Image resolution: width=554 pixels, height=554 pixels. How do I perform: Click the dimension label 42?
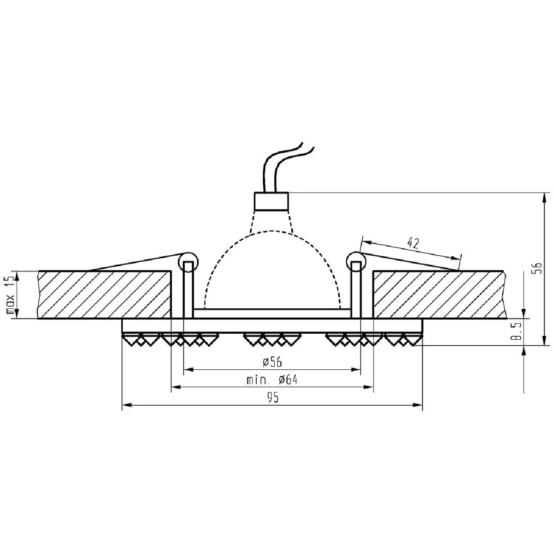coord(413,243)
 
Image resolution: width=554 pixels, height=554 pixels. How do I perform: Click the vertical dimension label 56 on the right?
coord(537,268)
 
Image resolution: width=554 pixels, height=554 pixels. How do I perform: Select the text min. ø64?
coord(272,380)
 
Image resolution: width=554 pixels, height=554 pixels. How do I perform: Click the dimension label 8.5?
coord(516,331)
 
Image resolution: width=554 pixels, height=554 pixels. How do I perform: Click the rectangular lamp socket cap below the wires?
coord(271,201)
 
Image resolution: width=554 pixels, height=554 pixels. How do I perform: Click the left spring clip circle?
coord(188,262)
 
